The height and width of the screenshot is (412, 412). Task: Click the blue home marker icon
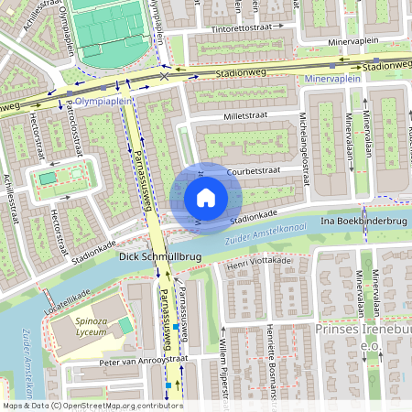coord(206,198)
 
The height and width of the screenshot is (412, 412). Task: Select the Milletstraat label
coord(248,118)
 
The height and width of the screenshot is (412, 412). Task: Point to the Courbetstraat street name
coord(253,170)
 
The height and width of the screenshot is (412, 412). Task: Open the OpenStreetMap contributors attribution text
coord(119,406)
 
